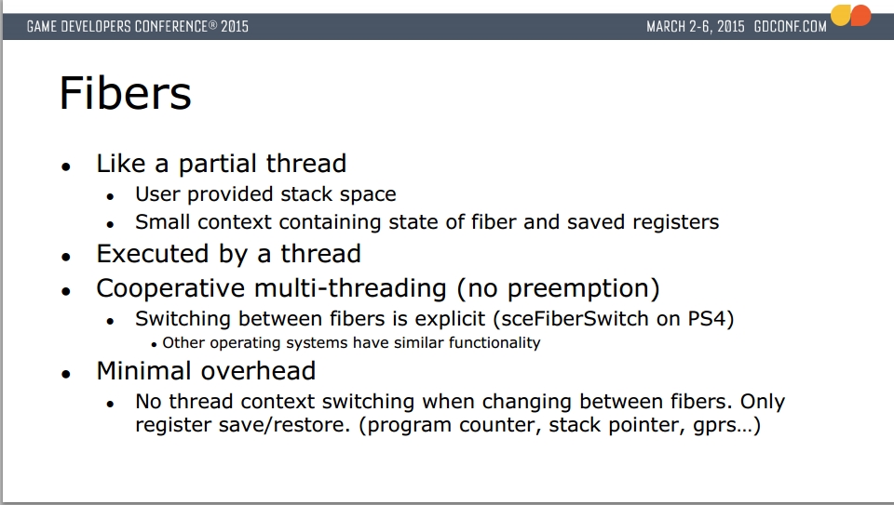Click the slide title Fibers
click(x=126, y=93)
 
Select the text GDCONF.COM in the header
click(x=790, y=27)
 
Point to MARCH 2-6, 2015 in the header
click(x=695, y=27)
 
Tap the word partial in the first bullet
click(x=218, y=165)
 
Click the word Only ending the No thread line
click(x=763, y=402)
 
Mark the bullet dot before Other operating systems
click(x=154, y=344)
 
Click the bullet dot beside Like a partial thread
click(x=66, y=166)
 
